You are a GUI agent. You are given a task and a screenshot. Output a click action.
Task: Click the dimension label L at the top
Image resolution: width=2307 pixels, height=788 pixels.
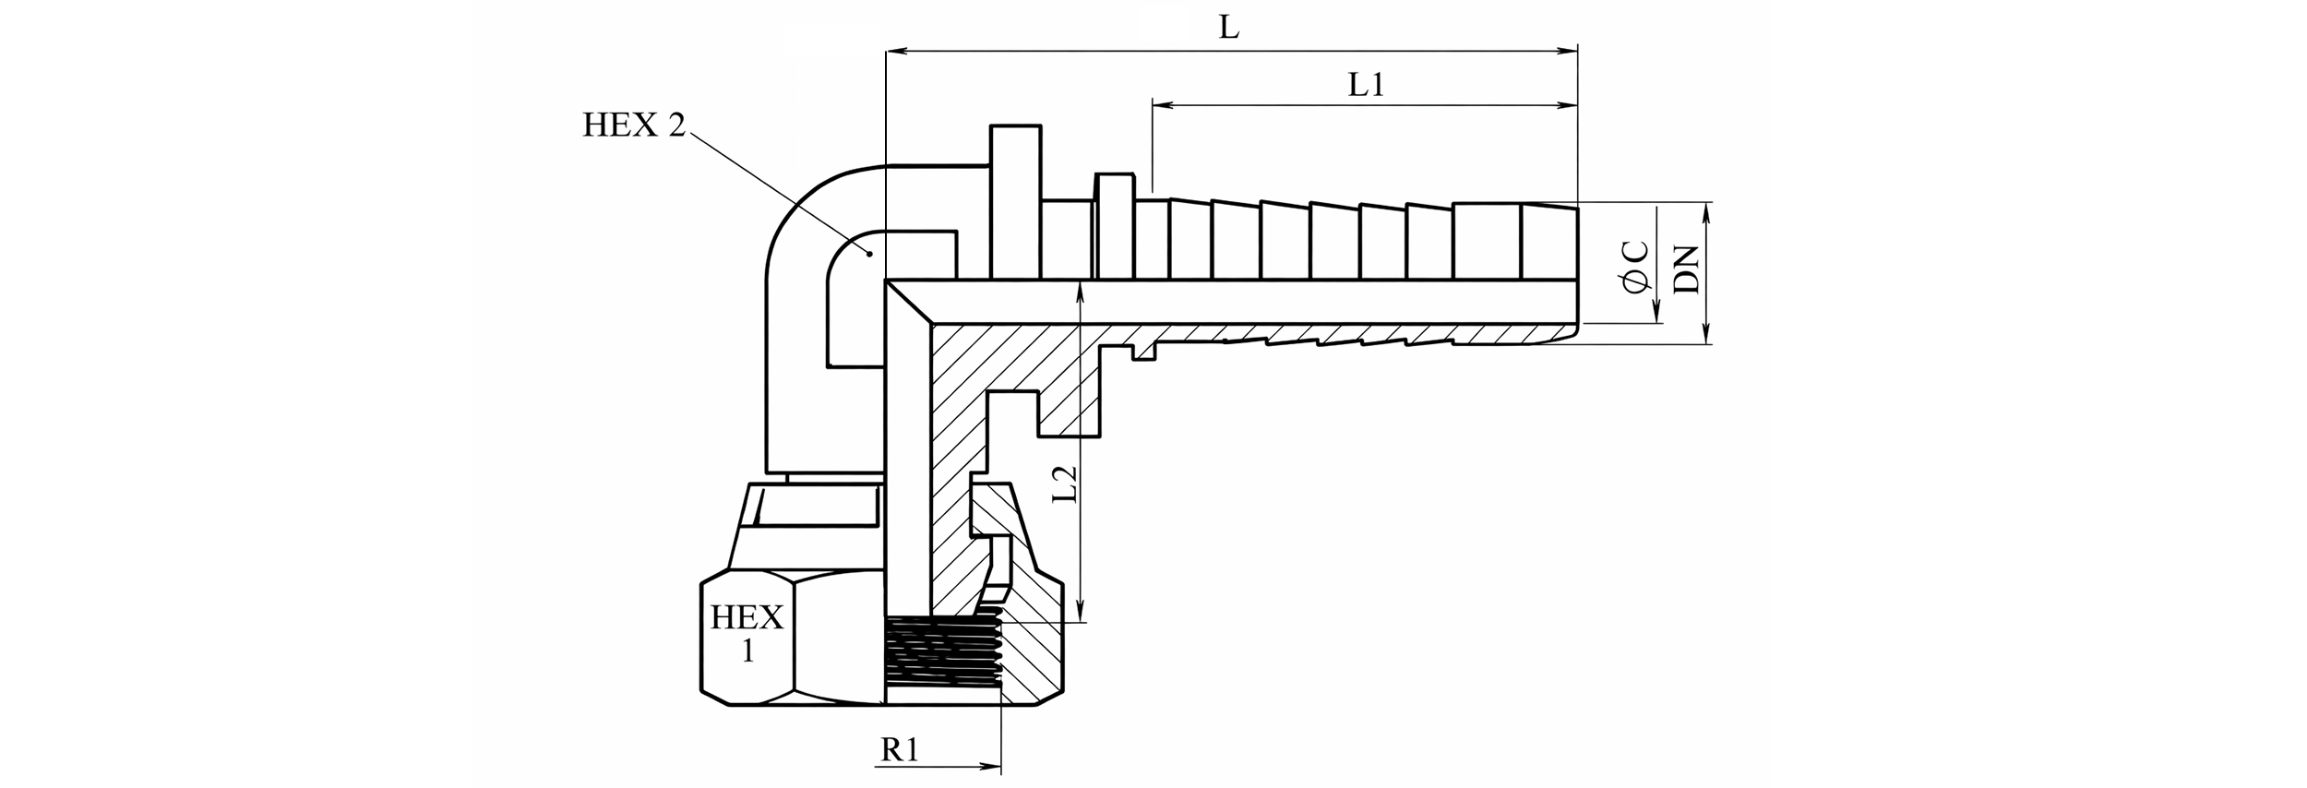click(1228, 28)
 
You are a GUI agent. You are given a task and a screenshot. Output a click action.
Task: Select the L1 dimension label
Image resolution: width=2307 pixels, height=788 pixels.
click(1366, 86)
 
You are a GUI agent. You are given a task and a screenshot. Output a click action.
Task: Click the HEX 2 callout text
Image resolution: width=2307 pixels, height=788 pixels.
click(634, 125)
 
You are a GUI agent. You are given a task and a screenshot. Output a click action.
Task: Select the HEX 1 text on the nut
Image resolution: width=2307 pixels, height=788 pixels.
click(747, 633)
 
